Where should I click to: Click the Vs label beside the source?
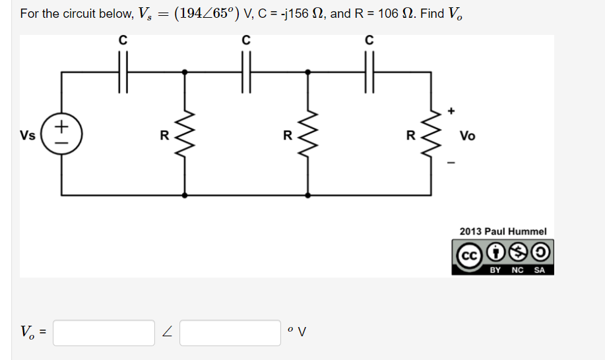click(28, 136)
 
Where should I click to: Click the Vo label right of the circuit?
click(467, 136)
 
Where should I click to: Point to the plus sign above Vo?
click(451, 111)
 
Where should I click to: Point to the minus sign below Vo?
click(451, 161)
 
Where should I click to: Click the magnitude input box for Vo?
click(104, 333)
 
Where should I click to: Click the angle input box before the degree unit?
click(230, 333)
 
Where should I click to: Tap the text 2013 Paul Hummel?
click(503, 231)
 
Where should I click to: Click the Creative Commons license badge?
click(502, 257)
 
